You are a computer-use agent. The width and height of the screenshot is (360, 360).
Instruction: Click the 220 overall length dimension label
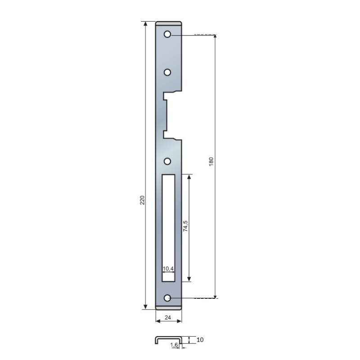point(142,200)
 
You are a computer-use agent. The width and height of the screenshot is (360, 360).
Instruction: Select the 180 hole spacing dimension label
point(211,162)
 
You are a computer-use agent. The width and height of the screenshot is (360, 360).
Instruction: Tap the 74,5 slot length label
point(185,226)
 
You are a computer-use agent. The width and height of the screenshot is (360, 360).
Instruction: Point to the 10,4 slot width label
point(168,268)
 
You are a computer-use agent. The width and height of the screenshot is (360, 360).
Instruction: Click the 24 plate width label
point(168,318)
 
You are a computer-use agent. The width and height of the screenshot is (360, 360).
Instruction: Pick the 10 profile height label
point(200,340)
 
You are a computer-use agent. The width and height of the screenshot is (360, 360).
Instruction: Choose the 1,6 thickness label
point(174,345)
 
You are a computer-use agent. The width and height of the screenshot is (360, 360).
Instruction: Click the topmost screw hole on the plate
point(167,35)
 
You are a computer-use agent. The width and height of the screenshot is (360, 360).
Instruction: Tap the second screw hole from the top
point(167,72)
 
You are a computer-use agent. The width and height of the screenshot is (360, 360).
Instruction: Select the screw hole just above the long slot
point(167,162)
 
